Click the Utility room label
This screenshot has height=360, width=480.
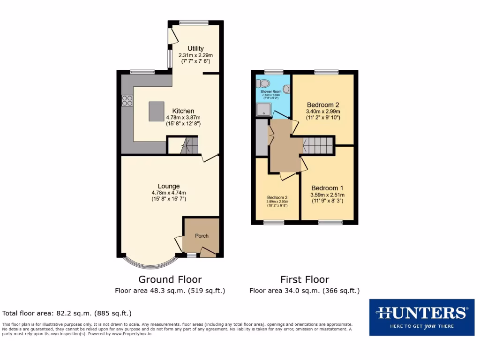click(195, 48)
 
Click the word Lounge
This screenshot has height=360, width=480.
click(168, 186)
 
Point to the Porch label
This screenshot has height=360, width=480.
click(202, 236)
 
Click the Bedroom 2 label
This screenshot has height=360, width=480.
click(323, 105)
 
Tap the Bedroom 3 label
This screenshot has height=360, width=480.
click(277, 197)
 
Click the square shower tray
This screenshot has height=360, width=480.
click(262, 110)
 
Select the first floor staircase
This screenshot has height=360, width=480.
click(318, 145)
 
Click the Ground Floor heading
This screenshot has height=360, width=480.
click(170, 280)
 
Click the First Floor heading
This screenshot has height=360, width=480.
click(305, 280)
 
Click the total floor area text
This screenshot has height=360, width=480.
click(67, 313)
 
